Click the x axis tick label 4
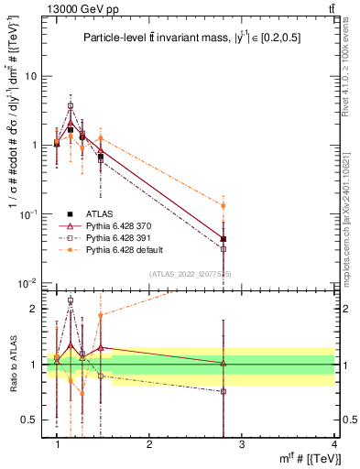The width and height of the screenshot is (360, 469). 333,443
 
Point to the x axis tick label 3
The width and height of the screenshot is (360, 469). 241,443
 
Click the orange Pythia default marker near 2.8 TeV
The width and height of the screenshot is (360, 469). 224,206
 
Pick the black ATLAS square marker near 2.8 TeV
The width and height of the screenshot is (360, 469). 224,239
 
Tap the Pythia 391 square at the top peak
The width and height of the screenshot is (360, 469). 70,105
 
